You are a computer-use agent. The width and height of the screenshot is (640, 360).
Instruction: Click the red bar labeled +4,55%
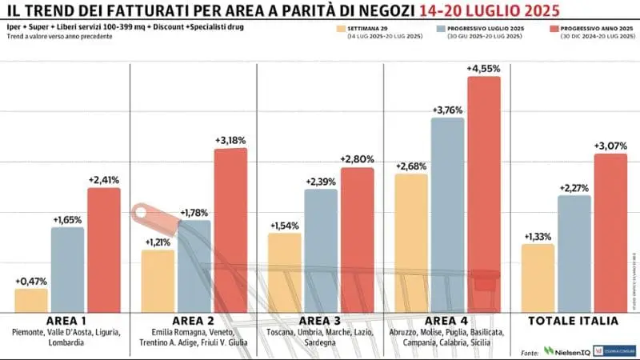pyautogui.click(x=484, y=192)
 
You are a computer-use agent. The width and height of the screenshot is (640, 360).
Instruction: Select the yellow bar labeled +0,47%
pyautogui.click(x=31, y=300)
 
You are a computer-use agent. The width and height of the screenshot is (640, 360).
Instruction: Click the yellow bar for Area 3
pyautogui.click(x=284, y=272)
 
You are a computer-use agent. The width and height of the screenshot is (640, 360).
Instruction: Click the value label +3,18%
pyautogui.click(x=230, y=140)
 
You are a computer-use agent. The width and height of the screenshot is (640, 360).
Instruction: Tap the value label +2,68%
pyautogui.click(x=411, y=166)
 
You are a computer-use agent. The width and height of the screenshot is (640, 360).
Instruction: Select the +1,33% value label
pyautogui.click(x=537, y=236)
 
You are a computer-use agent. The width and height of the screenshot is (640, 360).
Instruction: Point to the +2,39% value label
pyautogui.click(x=321, y=182)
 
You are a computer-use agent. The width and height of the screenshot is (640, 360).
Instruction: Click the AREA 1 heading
pyautogui.click(x=67, y=320)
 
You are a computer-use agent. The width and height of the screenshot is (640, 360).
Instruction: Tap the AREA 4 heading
pyautogui.click(x=447, y=320)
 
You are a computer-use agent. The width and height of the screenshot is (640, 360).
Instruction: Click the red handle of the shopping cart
pyautogui.click(x=144, y=213)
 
